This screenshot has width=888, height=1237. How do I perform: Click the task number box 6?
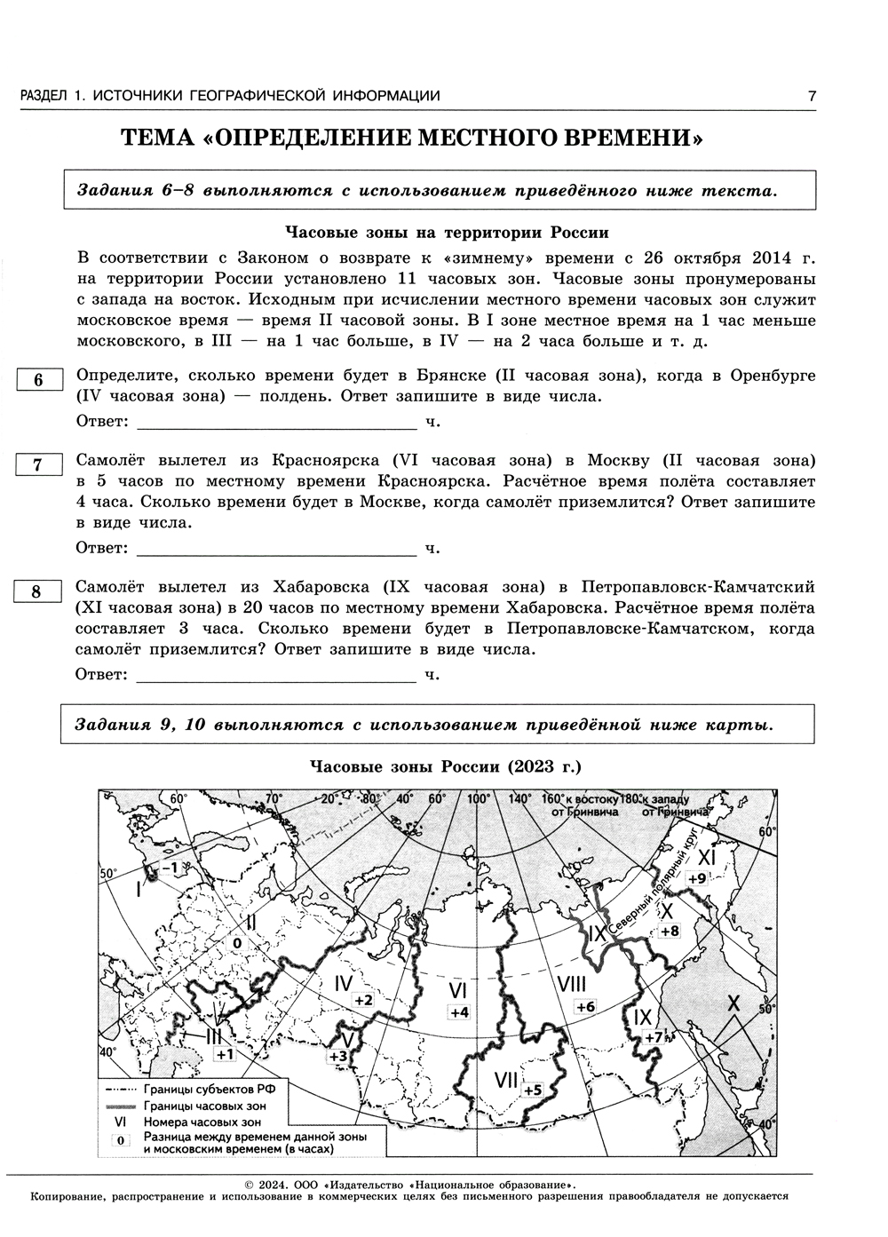pyautogui.click(x=38, y=380)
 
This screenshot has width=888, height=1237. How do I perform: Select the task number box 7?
pyautogui.click(x=38, y=464)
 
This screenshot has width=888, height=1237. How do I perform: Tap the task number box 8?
pyautogui.click(x=38, y=591)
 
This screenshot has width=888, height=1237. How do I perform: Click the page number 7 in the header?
pyautogui.click(x=811, y=96)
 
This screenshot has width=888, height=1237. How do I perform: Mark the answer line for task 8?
pyautogui.click(x=276, y=675)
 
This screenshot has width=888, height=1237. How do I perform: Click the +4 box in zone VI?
pyautogui.click(x=459, y=1012)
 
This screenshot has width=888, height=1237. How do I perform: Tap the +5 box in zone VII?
pyautogui.click(x=532, y=1090)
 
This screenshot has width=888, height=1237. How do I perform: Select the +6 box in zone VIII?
pyautogui.click(x=584, y=1006)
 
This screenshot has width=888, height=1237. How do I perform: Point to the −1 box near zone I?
pyautogui.click(x=170, y=866)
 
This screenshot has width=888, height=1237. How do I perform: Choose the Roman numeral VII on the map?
pyautogui.click(x=506, y=1080)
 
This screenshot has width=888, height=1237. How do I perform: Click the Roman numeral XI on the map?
pyautogui.click(x=706, y=857)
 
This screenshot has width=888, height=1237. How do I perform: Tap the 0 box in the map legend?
pyautogui.click(x=120, y=1141)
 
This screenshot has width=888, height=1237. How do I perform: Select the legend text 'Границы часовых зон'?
pyautogui.click(x=203, y=1106)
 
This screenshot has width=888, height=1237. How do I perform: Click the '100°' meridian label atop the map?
pyautogui.click(x=480, y=797)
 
